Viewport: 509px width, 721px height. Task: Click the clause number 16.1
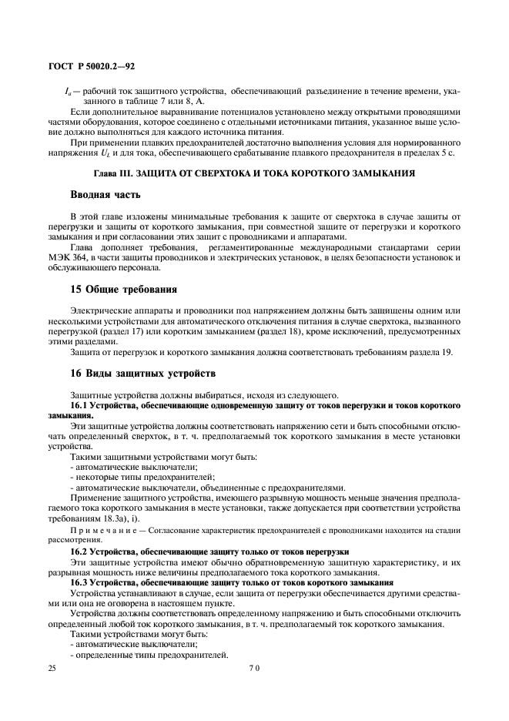(x=80, y=404)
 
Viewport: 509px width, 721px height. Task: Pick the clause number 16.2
(x=80, y=552)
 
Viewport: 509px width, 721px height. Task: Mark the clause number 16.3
(x=80, y=582)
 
